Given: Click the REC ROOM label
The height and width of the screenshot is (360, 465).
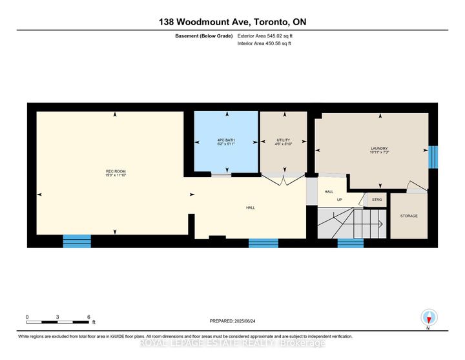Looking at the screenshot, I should [x=116, y=171].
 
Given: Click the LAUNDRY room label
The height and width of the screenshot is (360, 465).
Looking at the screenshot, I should [x=378, y=148].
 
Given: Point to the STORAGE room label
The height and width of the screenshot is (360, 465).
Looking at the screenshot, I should [x=409, y=216].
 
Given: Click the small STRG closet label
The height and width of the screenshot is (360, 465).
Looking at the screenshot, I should [x=377, y=200].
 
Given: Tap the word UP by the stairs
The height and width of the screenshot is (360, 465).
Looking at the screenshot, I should [x=338, y=199].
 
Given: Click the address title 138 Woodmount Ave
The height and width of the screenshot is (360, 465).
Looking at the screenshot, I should [x=232, y=22].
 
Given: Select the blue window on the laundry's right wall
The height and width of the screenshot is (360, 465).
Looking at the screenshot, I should [x=433, y=156].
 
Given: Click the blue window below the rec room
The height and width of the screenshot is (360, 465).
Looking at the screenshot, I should [x=77, y=242].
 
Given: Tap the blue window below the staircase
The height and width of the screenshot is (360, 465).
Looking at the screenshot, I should [x=351, y=243].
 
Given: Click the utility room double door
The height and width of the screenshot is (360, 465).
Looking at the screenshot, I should [x=283, y=180].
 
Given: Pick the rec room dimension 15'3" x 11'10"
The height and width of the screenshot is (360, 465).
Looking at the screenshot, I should [x=116, y=175].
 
